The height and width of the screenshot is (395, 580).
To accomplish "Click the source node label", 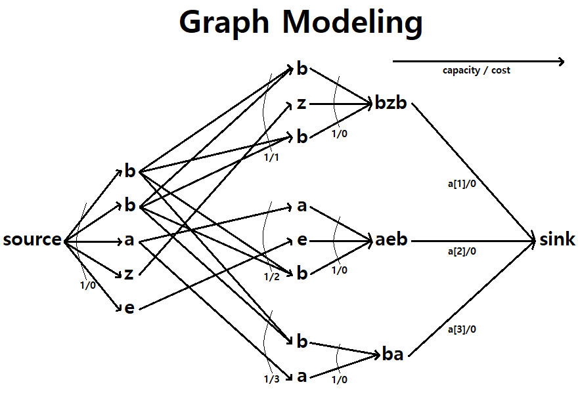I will (x=32, y=239).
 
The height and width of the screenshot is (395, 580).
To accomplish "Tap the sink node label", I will (x=557, y=239).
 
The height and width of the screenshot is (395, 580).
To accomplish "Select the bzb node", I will (x=391, y=103).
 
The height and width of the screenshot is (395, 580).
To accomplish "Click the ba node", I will (x=393, y=355).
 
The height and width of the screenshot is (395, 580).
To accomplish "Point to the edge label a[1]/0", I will (x=462, y=184).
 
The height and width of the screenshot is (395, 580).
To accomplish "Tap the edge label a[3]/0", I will (x=462, y=329).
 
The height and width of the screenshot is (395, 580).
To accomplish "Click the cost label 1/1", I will (x=271, y=158).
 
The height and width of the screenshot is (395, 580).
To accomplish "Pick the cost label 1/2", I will (x=271, y=276).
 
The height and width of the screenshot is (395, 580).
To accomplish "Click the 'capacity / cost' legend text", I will (x=476, y=70).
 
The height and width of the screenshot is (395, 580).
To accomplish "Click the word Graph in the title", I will (x=224, y=23).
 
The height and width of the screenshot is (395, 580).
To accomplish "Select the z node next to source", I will (x=129, y=274).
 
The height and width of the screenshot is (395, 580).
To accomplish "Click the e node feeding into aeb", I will (x=302, y=240).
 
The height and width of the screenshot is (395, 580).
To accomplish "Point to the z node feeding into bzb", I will (x=302, y=103).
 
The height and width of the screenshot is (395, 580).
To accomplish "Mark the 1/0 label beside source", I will (x=87, y=285).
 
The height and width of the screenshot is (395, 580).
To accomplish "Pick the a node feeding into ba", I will (x=302, y=376).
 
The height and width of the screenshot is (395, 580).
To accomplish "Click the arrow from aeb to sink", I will (x=473, y=241).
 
